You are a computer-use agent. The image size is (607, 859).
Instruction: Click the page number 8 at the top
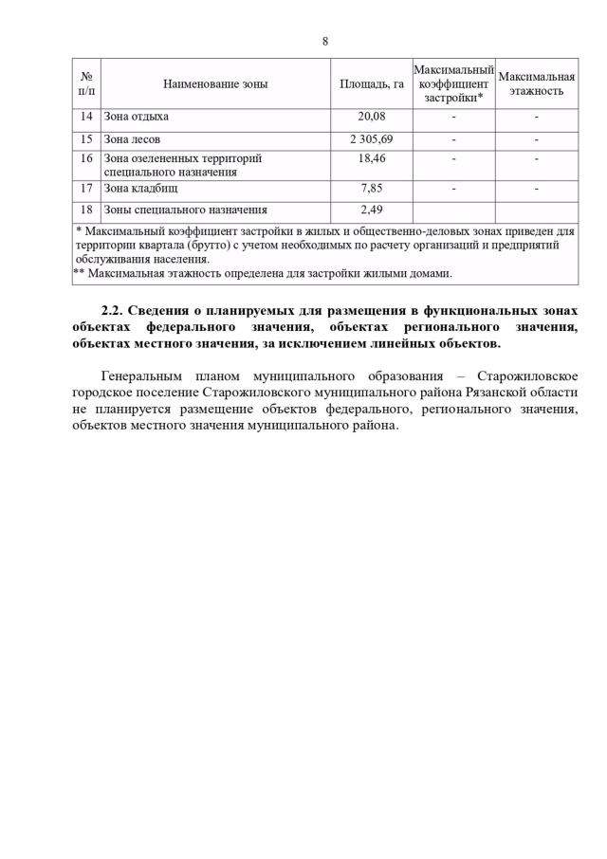325,41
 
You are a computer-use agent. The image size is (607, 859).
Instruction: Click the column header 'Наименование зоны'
215,83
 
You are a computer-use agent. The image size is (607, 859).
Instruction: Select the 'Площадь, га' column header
372,83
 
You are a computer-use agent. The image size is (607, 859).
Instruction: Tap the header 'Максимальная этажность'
537,83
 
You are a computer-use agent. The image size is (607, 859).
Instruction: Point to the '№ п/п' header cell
86,83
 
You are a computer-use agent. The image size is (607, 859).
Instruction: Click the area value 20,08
372,117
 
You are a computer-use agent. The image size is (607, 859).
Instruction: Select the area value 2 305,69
372,139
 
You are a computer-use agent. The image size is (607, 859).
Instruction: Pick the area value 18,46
372,158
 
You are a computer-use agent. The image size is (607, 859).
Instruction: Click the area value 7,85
372,188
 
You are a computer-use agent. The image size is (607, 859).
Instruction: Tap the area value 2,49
372,210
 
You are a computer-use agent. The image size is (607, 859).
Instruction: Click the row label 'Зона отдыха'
137,117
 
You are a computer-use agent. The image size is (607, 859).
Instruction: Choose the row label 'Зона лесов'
132,139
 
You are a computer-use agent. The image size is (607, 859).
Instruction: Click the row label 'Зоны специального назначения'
186,210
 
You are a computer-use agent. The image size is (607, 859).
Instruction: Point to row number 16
86,158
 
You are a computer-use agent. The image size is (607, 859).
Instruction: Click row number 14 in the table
86,117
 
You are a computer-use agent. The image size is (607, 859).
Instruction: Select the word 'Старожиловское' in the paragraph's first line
529,376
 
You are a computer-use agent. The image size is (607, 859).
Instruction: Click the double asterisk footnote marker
79,274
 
